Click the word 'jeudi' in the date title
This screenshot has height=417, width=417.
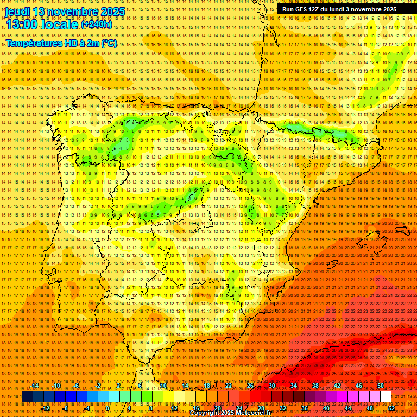click(x=18, y=11)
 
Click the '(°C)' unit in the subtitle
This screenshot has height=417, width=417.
click(x=109, y=43)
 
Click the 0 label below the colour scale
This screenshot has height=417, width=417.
click(x=108, y=408)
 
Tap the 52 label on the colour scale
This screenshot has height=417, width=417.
click(x=391, y=408)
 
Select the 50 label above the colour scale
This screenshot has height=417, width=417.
click(x=381, y=386)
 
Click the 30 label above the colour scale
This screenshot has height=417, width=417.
click(x=271, y=386)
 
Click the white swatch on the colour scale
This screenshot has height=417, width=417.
click(x=386, y=397)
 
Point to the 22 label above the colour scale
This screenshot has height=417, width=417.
click(x=228, y=386)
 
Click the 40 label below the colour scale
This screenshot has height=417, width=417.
click(x=326, y=408)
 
